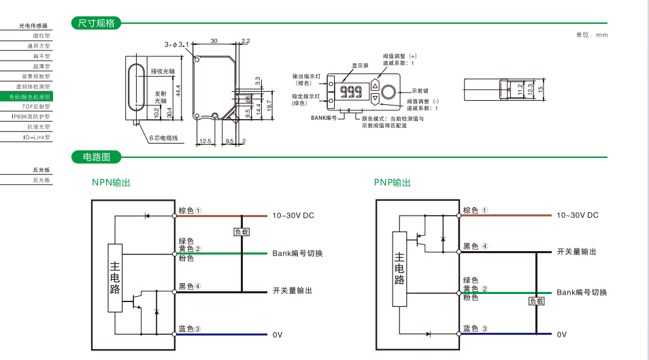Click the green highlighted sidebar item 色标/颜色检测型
point(31,97)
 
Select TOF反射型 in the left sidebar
point(37,107)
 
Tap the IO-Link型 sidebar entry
point(37,137)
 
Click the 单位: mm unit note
point(591,35)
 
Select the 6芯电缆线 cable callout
point(163,138)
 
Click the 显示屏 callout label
point(360,66)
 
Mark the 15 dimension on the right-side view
point(541,88)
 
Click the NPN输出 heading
point(111,182)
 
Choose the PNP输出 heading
point(393,182)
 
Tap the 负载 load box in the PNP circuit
point(536,301)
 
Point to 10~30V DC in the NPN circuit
point(293,215)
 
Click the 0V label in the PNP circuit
point(561,334)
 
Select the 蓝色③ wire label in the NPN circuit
point(189,329)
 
